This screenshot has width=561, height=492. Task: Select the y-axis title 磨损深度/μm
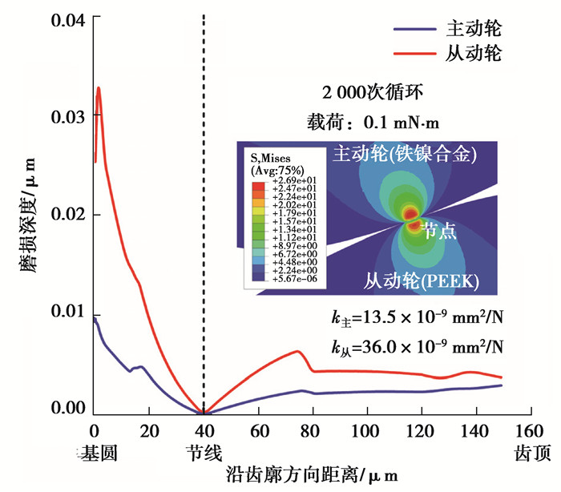26,215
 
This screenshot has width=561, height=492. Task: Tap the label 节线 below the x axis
204,453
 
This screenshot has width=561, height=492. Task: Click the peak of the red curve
99,88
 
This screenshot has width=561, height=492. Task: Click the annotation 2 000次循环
369,91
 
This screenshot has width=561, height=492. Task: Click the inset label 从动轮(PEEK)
422,280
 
